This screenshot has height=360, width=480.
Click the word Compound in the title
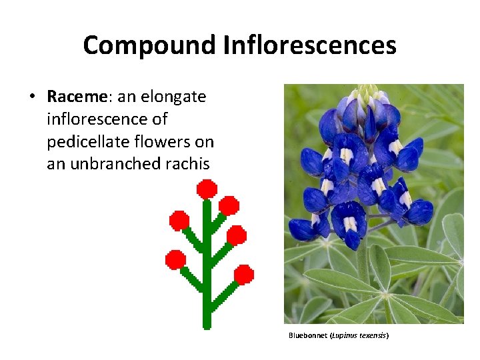tap(149, 45)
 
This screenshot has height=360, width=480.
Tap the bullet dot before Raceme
tap(32, 97)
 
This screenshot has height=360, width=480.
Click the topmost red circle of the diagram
tap(207, 189)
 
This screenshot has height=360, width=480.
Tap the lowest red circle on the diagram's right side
tap(244, 274)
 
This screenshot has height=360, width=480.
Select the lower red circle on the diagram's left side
tap(175, 259)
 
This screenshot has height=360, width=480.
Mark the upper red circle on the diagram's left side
tap(179, 220)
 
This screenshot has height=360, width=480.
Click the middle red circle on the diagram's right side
tap(236, 235)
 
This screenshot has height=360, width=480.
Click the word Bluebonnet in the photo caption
tap(309, 335)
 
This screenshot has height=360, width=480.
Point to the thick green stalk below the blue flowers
tap(363, 267)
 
